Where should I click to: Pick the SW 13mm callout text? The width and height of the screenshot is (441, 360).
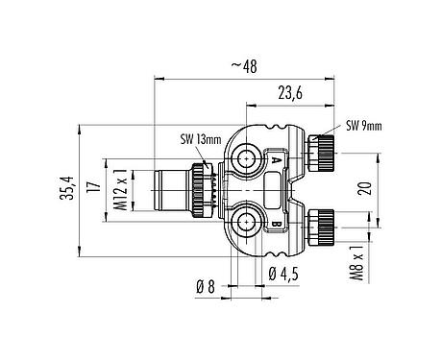(200, 140)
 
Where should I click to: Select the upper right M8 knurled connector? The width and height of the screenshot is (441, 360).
(319, 152)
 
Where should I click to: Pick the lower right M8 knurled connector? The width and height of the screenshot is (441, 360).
(319, 228)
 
